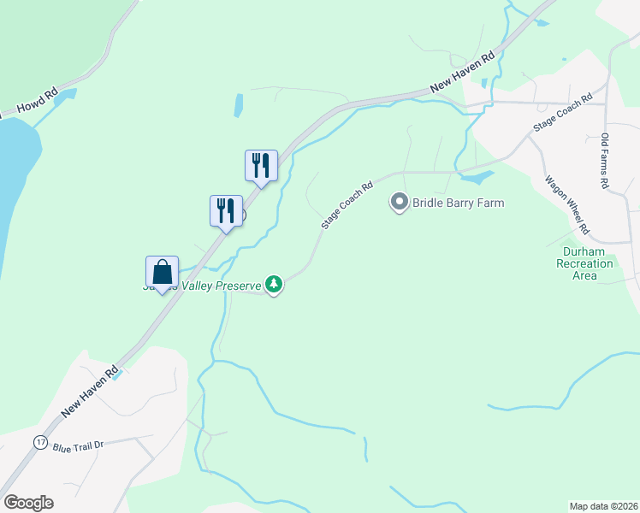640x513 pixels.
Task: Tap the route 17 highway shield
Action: pos(40,442)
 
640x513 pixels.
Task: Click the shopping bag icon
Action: pos(162,273)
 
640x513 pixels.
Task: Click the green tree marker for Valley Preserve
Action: pos(273,284)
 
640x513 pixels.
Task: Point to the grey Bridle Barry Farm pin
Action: pos(399,203)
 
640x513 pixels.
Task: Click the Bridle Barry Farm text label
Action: pos(458,203)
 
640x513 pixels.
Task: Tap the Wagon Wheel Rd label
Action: pos(567,205)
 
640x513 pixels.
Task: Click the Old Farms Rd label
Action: pos(604,161)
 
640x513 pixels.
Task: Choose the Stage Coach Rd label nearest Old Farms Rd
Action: pos(562,113)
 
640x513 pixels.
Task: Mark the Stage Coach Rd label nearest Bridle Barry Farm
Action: pos(347,204)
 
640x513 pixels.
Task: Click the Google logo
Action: pos(28,503)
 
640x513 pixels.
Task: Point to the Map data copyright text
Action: pos(603,505)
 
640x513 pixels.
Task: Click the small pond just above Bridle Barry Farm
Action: pos(477,179)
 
